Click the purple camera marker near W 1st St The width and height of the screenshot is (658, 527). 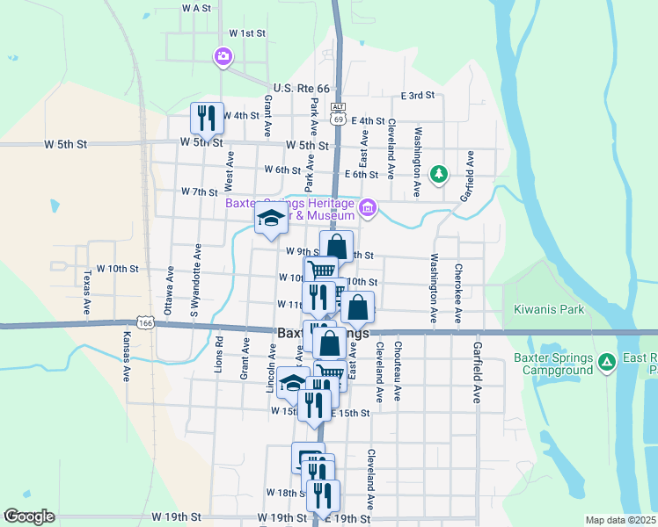click(223, 57)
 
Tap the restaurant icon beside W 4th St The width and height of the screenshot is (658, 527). click(208, 117)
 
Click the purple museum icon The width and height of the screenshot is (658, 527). click(368, 209)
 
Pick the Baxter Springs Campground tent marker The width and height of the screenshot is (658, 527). click(606, 362)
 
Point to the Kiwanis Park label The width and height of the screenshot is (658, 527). click(552, 310)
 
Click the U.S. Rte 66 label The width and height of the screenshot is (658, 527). click(300, 89)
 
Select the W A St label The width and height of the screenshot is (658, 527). click(197, 7)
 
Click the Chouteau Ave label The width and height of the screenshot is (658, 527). click(398, 372)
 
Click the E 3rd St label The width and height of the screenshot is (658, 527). click(418, 95)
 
